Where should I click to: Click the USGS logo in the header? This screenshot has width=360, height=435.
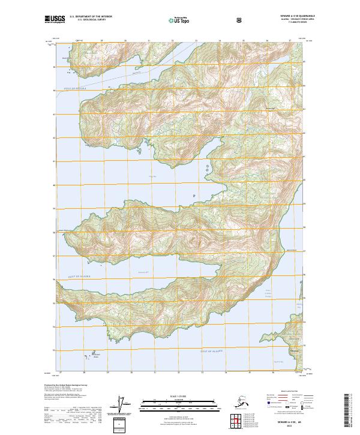click(55, 19)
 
